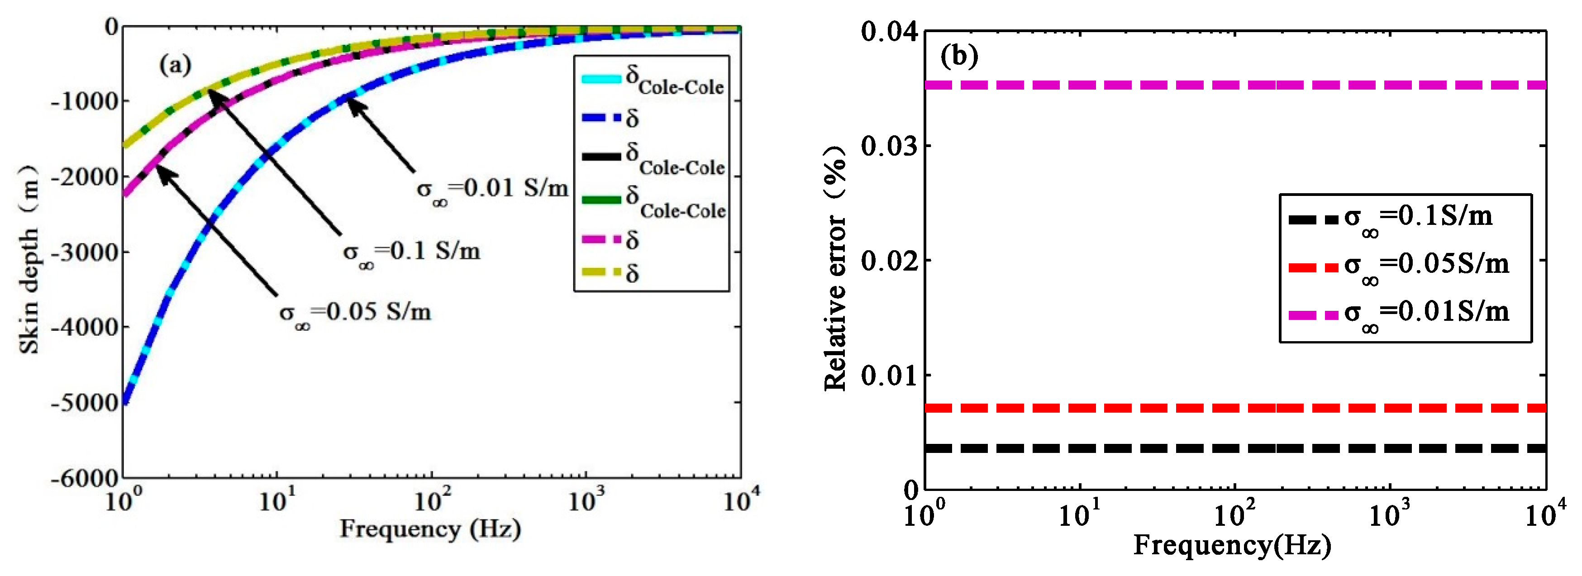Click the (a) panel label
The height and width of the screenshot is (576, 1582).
[175, 64]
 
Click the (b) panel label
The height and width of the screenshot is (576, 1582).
[959, 57]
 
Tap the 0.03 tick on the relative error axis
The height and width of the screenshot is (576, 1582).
[889, 146]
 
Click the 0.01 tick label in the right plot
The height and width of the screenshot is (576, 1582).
[889, 375]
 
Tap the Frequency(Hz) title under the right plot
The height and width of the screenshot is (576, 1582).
[1232, 545]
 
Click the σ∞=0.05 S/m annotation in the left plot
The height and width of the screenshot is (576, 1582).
[355, 313]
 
